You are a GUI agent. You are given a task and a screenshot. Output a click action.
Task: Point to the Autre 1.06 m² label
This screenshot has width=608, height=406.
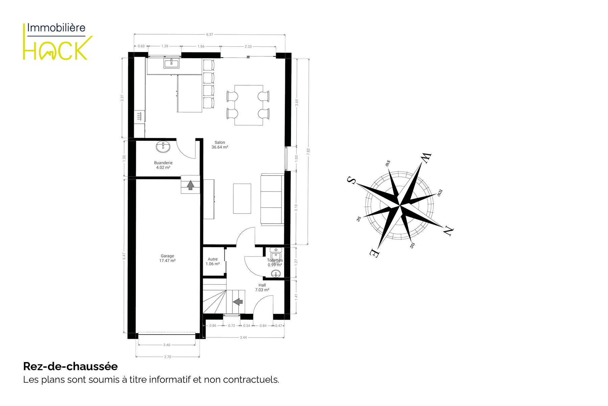(213, 262)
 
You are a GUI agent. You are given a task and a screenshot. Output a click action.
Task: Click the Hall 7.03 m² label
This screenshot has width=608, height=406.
(262, 288)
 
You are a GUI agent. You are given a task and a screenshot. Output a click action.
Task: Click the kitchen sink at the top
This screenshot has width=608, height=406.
(171, 63)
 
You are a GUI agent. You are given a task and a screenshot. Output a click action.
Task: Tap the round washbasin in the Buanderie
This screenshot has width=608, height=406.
(163, 146)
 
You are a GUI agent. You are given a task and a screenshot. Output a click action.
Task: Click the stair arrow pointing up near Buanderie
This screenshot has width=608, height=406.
(191, 185)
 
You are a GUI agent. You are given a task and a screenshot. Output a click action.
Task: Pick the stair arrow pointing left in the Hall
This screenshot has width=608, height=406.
(238, 301)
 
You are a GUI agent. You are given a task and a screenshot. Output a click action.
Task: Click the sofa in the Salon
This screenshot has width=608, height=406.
(272, 200)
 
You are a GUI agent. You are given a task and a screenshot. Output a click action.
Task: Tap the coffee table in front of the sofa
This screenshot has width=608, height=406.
(242, 199)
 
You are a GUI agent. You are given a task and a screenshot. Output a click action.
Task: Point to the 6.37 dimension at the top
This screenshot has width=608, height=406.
(210, 35)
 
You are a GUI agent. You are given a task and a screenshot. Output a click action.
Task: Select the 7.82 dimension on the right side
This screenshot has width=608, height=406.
(308, 152)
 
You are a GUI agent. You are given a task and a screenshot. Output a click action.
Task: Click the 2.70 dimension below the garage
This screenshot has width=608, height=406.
(168, 357)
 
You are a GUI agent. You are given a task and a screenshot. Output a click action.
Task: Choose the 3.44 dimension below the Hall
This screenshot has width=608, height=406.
(243, 337)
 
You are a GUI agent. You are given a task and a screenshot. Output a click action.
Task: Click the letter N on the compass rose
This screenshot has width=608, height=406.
(448, 231)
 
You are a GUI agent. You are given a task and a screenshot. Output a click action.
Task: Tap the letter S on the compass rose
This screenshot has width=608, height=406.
(351, 180)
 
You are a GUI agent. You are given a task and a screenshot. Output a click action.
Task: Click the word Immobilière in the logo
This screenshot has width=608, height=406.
(56, 28)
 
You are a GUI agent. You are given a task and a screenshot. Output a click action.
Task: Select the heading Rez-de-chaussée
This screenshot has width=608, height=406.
(70, 366)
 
